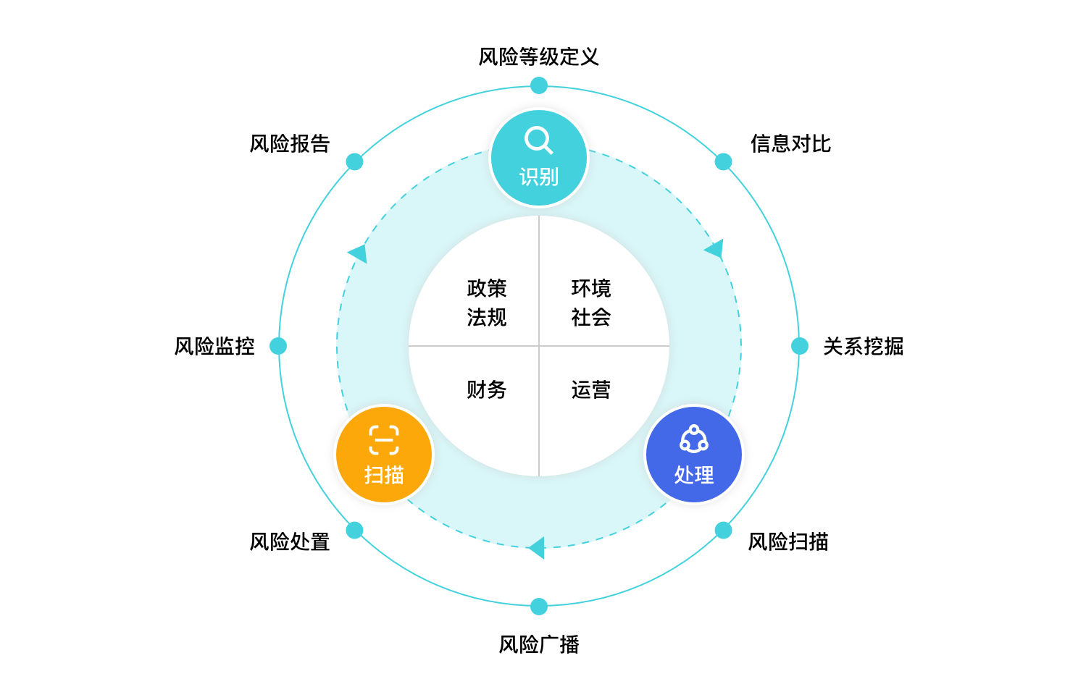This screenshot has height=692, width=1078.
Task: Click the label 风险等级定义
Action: [538, 56]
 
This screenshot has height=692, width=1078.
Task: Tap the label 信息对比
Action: [790, 144]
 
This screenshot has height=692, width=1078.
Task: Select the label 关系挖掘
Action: [864, 346]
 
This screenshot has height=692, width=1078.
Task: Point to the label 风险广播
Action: [539, 644]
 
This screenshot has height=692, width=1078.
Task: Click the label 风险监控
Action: [214, 346]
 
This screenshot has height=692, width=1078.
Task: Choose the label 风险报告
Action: [290, 144]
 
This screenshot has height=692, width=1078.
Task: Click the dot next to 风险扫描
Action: [723, 531]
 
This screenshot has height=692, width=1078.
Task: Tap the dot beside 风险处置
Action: [355, 531]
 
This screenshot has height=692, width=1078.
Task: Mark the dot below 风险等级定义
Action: [539, 86]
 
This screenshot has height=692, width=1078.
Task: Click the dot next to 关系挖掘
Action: [800, 346]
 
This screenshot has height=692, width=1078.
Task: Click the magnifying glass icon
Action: [538, 140]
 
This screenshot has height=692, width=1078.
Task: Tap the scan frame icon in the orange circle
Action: [384, 440]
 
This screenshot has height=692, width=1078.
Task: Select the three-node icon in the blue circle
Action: [693, 439]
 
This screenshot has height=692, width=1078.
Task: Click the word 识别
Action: [539, 177]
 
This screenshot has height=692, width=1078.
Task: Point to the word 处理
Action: [694, 475]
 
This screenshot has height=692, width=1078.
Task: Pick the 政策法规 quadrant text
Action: [487, 303]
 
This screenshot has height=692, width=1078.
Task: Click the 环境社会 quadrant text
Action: [591, 303]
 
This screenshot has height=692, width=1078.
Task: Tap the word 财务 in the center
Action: [487, 390]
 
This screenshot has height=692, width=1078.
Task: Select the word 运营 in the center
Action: [591, 390]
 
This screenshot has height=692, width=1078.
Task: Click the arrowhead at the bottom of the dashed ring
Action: [537, 548]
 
